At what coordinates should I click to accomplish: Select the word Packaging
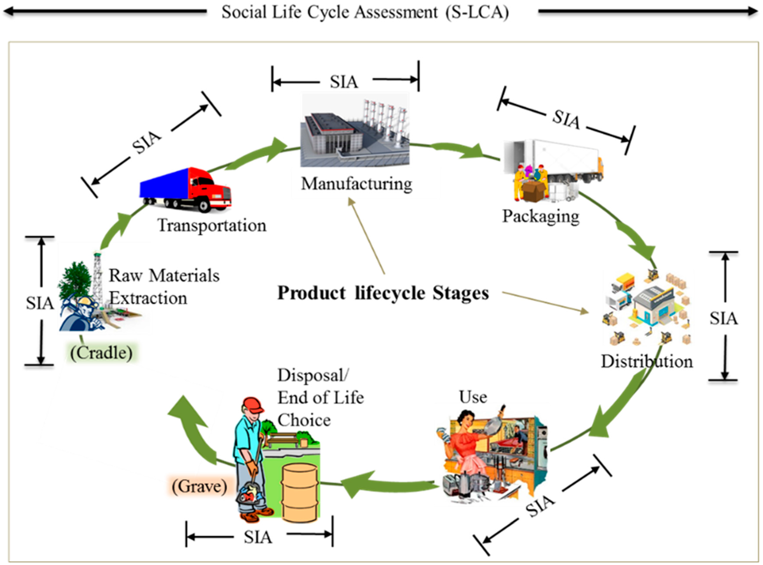540,216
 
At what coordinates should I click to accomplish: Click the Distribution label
647,361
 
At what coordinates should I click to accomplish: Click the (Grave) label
199,486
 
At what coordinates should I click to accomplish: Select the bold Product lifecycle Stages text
383,293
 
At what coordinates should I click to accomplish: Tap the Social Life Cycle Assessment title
365,12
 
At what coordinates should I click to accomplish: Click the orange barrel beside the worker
299,493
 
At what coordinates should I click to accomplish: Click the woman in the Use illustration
465,445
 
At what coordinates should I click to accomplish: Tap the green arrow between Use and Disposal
383,484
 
